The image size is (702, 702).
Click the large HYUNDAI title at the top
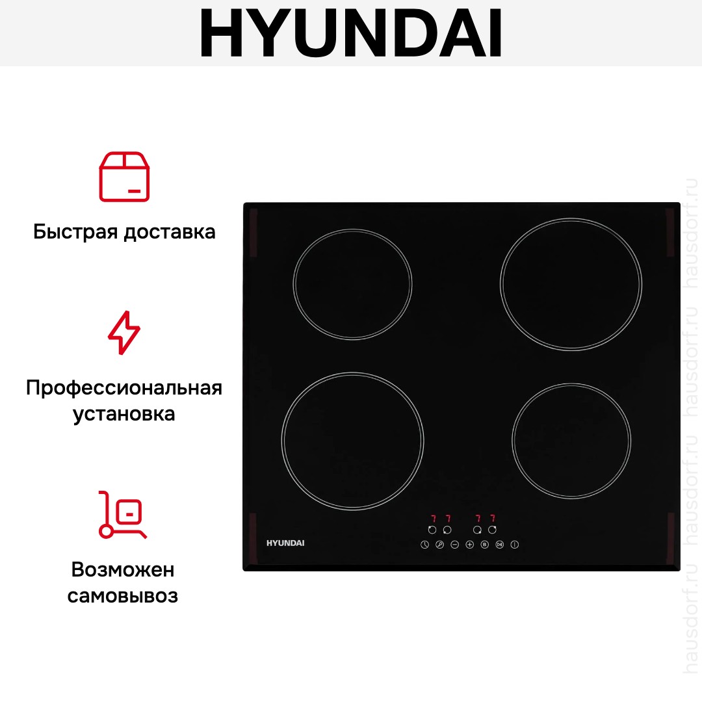coord(350,32)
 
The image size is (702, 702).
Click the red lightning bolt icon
coord(124,333)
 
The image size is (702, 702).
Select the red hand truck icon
coord(122,514)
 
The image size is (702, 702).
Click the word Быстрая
coord(75,232)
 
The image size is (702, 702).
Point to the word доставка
coord(170,232)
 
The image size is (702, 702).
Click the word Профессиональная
coord(124,388)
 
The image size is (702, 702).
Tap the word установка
coord(124,413)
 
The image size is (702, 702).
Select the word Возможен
coord(123,569)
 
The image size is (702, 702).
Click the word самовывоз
coord(123,595)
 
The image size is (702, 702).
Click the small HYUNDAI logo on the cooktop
coord(285,543)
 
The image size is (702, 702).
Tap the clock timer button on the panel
coord(425,545)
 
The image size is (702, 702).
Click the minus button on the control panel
coord(454,545)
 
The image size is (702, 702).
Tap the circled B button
coord(484,545)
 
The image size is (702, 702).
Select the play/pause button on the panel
coord(500,545)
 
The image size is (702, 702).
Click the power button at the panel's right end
coord(514,545)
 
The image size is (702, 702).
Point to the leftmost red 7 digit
coord(434,519)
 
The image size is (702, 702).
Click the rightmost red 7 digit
coord(493,519)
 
